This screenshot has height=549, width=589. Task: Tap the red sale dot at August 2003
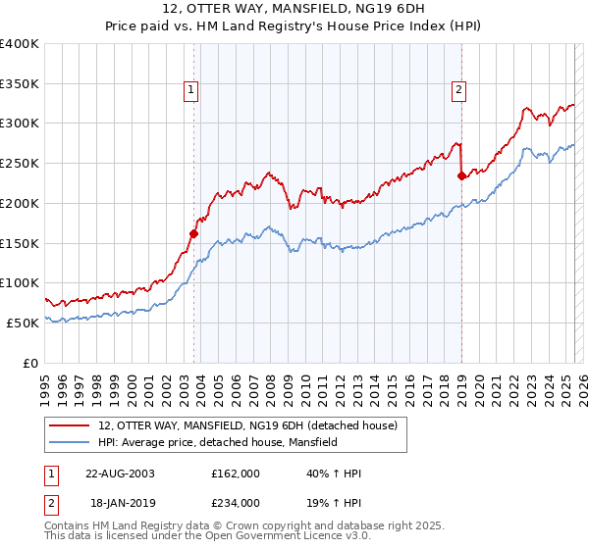[x=194, y=233]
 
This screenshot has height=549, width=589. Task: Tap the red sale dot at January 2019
[x=461, y=176]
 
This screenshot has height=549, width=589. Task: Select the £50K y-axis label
[x=22, y=323]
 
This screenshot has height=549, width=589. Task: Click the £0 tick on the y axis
[x=30, y=363]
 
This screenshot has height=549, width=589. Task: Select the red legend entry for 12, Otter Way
[x=245, y=425]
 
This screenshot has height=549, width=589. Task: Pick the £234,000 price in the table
[x=235, y=502]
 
